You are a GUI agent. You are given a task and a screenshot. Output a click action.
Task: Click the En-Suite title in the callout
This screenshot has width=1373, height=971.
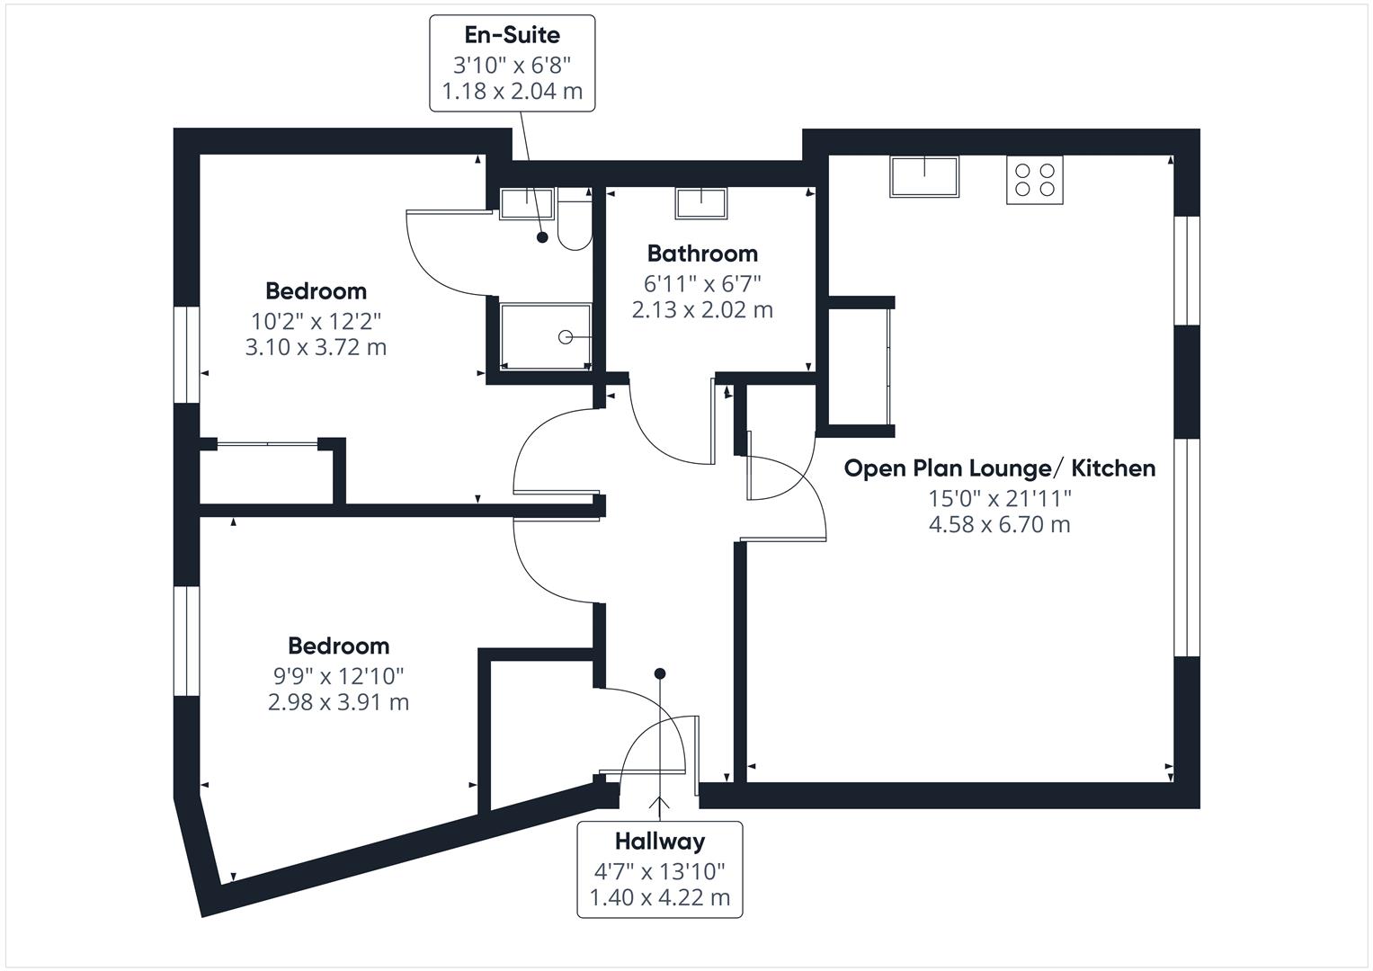[512, 35]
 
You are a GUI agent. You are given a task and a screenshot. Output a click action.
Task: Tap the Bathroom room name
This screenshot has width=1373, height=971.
[702, 254]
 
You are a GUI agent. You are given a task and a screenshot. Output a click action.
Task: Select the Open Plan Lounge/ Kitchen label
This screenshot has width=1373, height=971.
[1000, 468]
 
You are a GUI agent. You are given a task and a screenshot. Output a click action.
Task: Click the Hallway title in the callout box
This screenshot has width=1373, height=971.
[660, 842]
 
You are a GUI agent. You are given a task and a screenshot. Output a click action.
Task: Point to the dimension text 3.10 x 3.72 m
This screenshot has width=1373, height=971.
[316, 347]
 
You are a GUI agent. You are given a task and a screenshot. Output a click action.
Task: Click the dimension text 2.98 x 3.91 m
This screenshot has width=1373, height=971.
[338, 702]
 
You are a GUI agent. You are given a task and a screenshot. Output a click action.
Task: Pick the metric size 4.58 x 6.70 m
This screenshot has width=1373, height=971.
[1000, 525]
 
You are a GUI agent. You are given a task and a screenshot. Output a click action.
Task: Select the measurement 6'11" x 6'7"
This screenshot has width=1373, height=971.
[702, 283]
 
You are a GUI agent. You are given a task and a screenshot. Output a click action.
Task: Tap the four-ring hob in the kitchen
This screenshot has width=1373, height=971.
[1035, 180]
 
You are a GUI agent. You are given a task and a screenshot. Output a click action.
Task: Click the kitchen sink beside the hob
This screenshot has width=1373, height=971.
[924, 176]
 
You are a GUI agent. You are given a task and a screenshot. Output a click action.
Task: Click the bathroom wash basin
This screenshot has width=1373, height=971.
[701, 203]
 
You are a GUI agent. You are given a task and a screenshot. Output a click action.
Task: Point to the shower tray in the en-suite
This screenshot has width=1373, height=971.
[546, 336]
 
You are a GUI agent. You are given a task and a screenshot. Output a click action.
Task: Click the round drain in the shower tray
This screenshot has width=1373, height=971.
[566, 337]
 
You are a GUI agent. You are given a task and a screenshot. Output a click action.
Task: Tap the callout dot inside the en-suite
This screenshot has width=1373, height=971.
[542, 237]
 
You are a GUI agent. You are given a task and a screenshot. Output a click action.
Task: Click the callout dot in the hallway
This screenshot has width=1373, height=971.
[660, 673]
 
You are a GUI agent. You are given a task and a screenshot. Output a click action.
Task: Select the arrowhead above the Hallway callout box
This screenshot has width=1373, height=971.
[660, 802]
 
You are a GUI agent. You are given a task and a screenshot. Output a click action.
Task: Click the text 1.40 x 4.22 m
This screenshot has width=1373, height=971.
[660, 898]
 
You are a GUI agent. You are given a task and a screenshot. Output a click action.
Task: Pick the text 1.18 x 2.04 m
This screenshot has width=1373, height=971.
[512, 92]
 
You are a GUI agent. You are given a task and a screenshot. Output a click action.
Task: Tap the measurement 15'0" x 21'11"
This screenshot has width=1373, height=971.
[1000, 498]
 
